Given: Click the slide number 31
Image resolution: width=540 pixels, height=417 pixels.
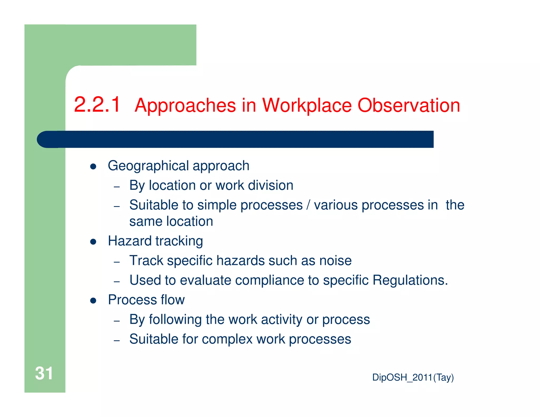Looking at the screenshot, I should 44,373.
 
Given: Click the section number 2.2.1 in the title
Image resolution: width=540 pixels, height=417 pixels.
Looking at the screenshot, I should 97,105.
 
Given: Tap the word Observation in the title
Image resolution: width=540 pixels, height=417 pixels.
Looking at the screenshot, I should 408,105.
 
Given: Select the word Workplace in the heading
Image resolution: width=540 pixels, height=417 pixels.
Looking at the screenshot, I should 307,105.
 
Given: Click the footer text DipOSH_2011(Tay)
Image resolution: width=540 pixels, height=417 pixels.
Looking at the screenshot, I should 413,377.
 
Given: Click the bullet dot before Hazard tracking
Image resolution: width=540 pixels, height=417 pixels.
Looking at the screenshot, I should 93,242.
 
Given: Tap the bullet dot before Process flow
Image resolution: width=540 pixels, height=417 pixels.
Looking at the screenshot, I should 93,300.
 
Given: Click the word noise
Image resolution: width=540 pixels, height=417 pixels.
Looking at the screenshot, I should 335,261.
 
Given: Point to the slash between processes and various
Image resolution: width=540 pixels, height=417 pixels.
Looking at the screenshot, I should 308,205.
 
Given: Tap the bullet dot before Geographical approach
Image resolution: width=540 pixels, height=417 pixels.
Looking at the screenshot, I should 93,167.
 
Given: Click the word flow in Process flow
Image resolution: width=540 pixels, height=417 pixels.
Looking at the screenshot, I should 173,300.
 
